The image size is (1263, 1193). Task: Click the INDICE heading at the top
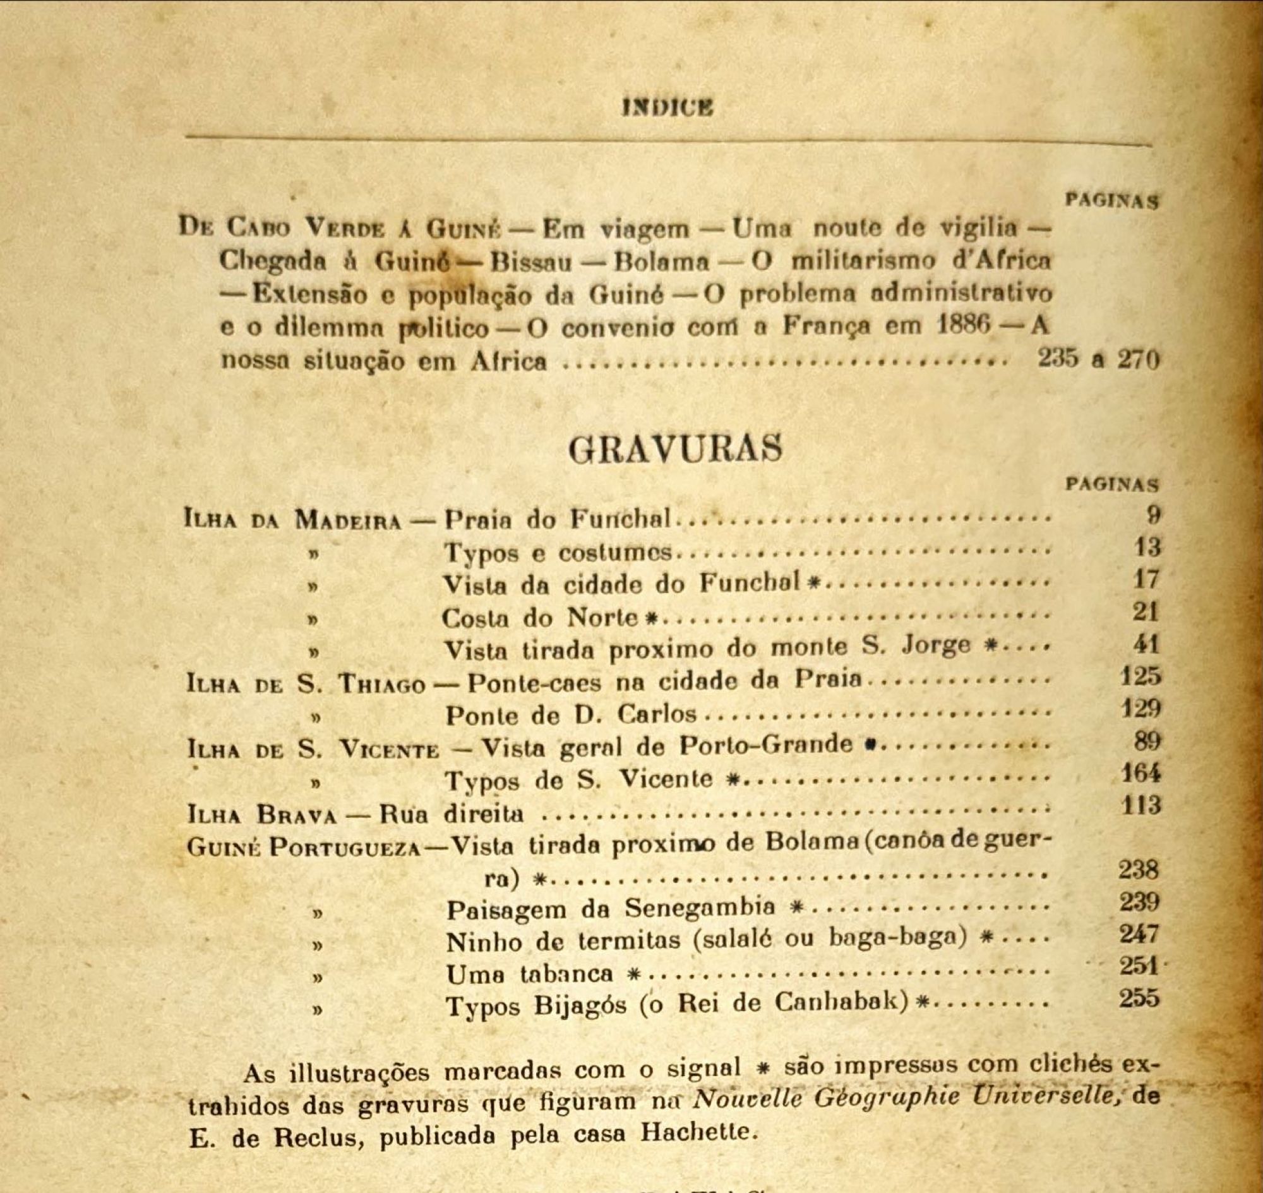pyautogui.click(x=667, y=107)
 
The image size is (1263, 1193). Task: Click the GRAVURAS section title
pyautogui.click(x=674, y=449)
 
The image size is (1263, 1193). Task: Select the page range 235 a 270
pyautogui.click(x=1098, y=359)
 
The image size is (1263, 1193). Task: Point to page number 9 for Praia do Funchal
pyautogui.click(x=1154, y=514)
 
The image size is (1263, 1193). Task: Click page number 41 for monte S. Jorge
pyautogui.click(x=1146, y=644)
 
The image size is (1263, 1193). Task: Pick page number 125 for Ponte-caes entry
pyautogui.click(x=1141, y=676)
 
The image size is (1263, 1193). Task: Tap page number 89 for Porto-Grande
pyautogui.click(x=1147, y=741)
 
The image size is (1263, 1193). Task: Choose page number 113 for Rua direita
pyautogui.click(x=1141, y=805)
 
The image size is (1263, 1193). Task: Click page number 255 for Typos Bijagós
pyautogui.click(x=1139, y=997)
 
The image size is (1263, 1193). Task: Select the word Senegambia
pyautogui.click(x=699, y=907)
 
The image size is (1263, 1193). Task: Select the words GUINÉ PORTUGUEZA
pyautogui.click(x=304, y=848)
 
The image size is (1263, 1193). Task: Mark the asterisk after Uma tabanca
pyautogui.click(x=632, y=974)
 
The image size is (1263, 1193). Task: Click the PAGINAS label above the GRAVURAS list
pyautogui.click(x=1111, y=484)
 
